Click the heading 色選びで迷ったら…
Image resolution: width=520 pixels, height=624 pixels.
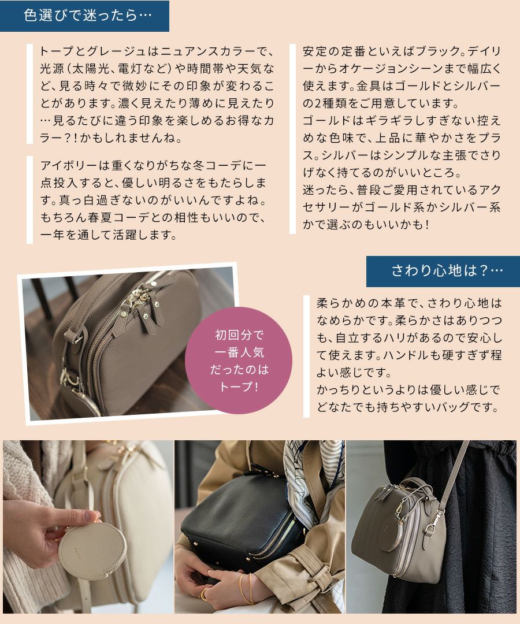coord(87,16)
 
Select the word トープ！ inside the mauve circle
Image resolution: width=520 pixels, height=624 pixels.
coord(239,387)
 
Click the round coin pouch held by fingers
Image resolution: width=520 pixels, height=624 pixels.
coord(85,549)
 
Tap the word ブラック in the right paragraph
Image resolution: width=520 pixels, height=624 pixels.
coord(431,50)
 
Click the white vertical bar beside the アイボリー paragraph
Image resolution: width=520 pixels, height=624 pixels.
coord(30,200)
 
